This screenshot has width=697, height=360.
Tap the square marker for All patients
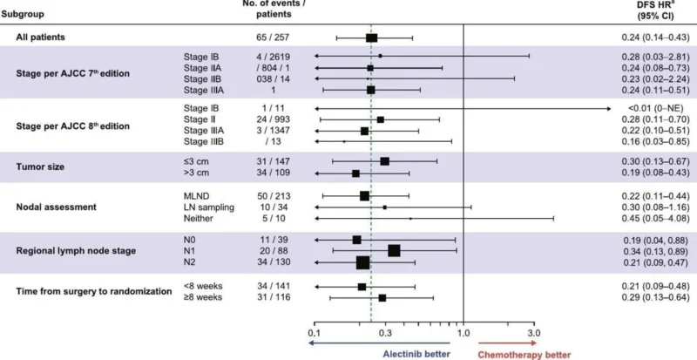[x=371, y=38]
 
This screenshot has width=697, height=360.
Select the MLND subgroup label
[x=197, y=196]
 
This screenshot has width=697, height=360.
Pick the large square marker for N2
[x=363, y=262]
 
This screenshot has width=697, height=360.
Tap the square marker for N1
[x=394, y=250]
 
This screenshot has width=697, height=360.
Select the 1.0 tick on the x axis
[x=463, y=332]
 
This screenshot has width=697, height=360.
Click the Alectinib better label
[x=416, y=354]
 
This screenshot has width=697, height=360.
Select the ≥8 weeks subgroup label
[x=200, y=298]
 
